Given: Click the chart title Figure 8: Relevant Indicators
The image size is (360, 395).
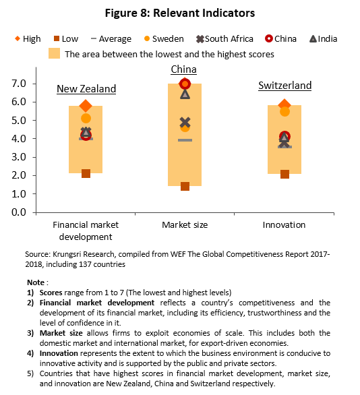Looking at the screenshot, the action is (x=180, y=13).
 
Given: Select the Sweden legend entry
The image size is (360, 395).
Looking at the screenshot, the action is (x=164, y=39).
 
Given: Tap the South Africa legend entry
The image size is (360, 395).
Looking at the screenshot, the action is (x=224, y=39).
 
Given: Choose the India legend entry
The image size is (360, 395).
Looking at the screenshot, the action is (x=323, y=39).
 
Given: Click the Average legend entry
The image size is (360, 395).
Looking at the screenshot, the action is (x=111, y=39).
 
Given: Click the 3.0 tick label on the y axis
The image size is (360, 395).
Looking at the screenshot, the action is (x=19, y=157).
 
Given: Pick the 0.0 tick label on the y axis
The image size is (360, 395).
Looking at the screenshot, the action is (x=19, y=212).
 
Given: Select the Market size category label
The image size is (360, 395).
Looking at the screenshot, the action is (x=185, y=224).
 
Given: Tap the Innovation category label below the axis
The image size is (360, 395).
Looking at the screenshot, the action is (x=284, y=224).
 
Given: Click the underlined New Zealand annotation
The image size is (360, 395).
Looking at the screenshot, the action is (x=86, y=89).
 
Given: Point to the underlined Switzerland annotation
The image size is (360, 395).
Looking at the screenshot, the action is (x=285, y=86).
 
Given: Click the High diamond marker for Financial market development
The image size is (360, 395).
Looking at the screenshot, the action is (x=86, y=106).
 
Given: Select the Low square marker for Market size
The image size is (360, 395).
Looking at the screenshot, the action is (x=185, y=187).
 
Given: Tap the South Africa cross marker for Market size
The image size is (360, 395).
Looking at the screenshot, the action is (x=185, y=123).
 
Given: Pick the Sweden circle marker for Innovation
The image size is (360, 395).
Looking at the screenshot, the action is (x=284, y=112).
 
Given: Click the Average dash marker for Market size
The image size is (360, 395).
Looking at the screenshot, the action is (x=185, y=140).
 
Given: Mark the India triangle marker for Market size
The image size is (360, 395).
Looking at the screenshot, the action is (x=185, y=94).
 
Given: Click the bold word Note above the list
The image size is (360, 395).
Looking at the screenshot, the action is (x=36, y=282).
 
